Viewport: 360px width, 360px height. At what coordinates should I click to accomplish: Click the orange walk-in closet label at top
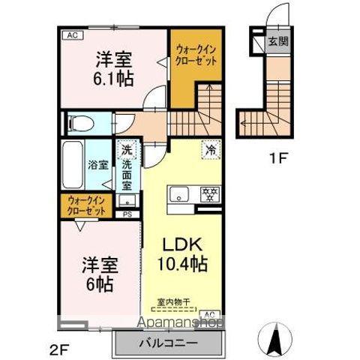pyautogui.click(x=196, y=56)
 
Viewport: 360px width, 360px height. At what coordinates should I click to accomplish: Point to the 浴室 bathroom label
pyautogui.click(x=96, y=165)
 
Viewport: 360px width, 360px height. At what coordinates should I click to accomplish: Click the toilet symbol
pyautogui.click(x=81, y=121)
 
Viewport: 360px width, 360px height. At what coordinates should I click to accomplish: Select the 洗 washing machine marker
pyautogui.click(x=129, y=149)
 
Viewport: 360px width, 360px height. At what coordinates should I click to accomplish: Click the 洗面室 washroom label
pyautogui.click(x=128, y=173)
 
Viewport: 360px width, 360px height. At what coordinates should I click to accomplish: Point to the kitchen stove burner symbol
pyautogui.click(x=211, y=195)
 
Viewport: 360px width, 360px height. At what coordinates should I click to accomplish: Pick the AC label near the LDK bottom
pyautogui.click(x=209, y=313)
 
